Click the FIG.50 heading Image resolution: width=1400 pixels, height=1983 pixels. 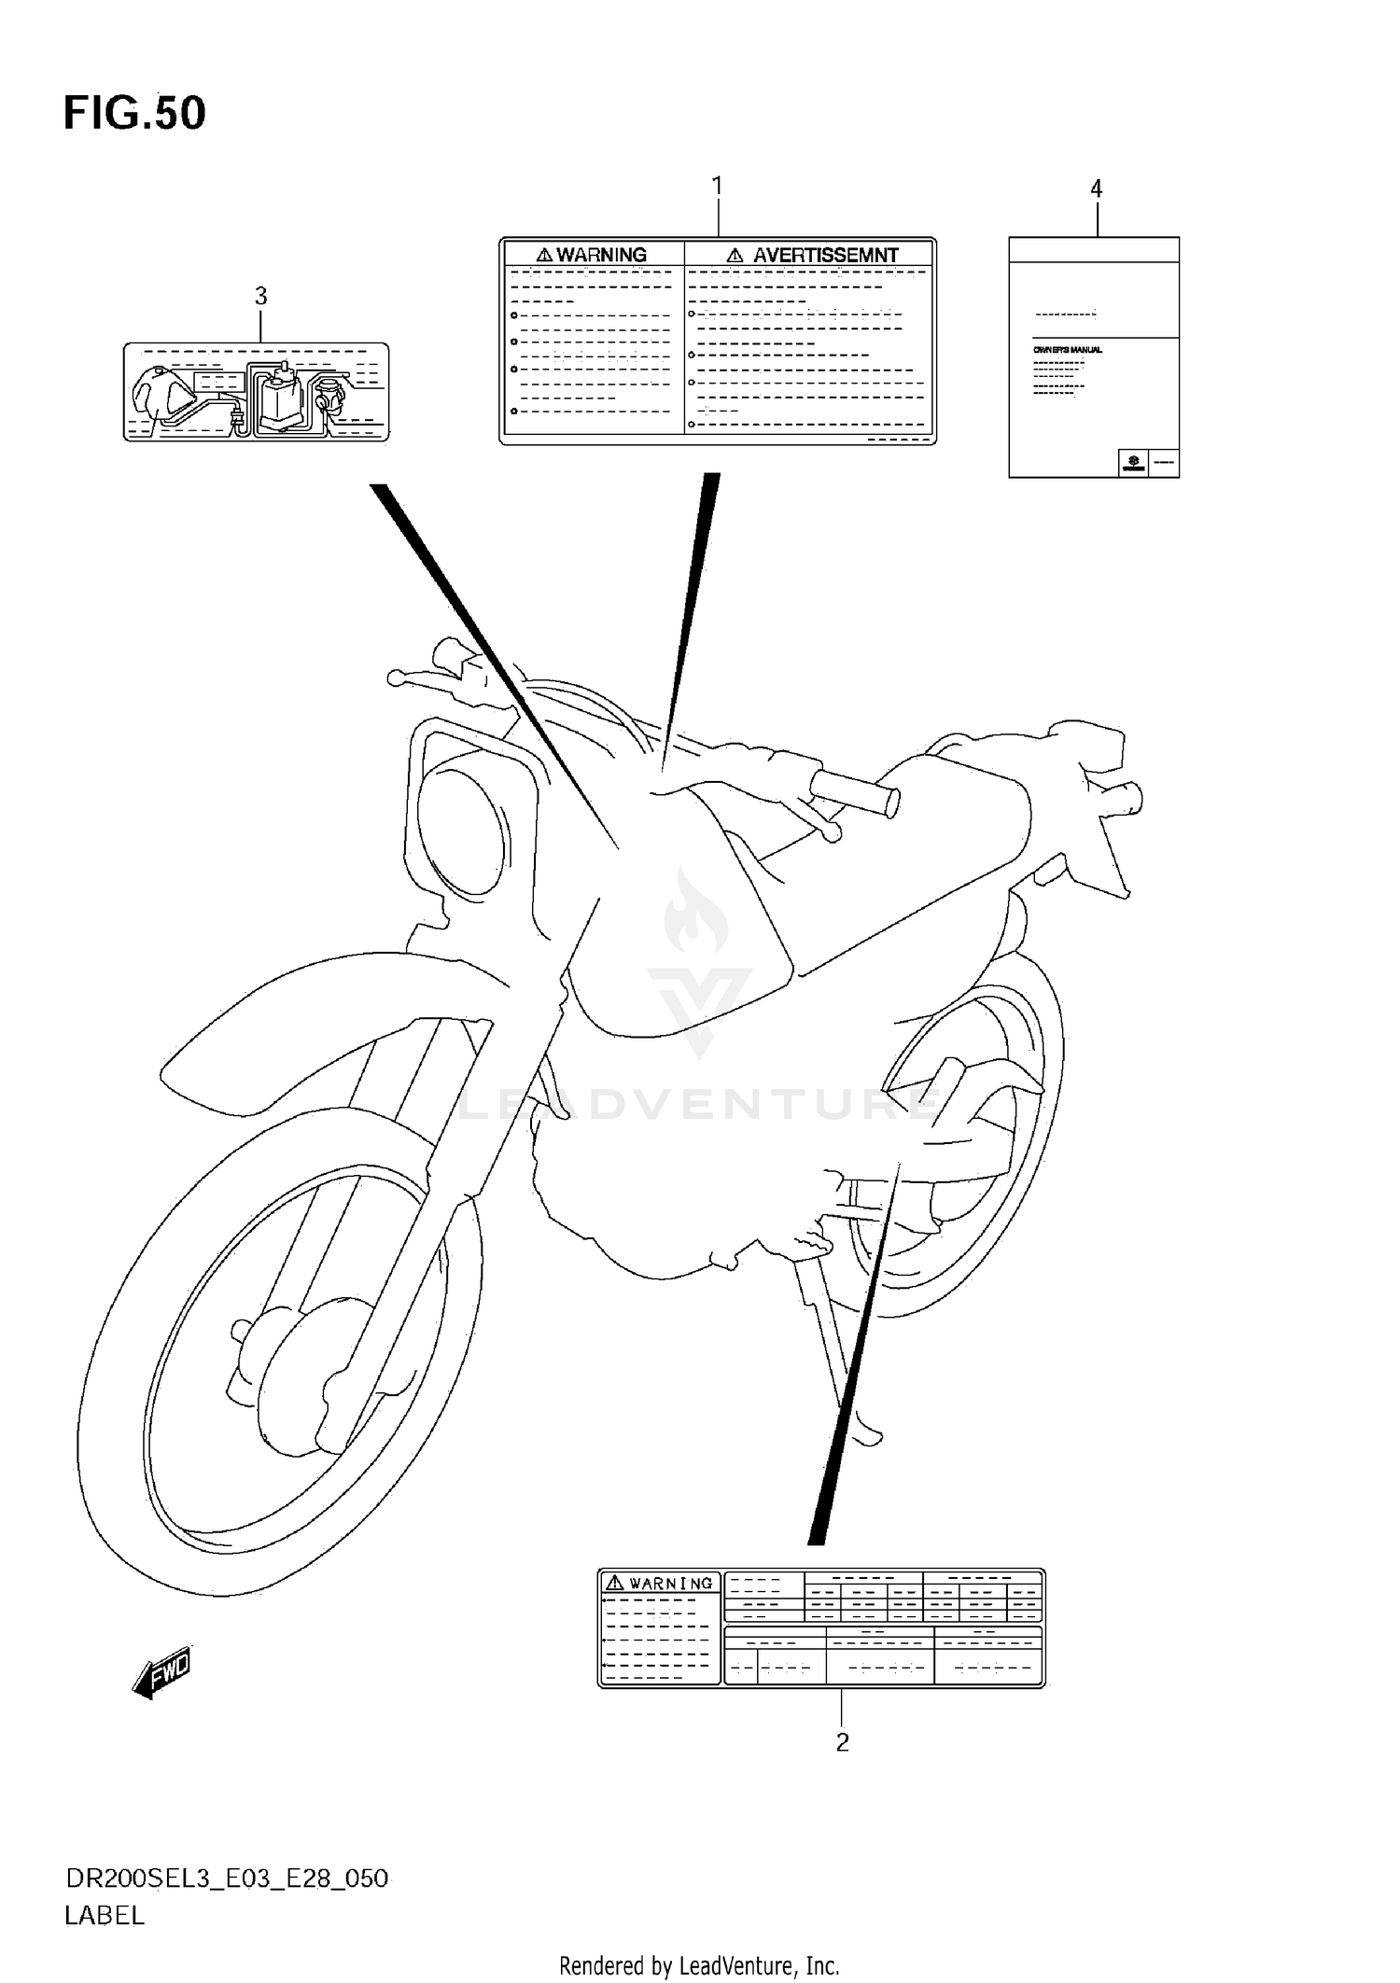[134, 113]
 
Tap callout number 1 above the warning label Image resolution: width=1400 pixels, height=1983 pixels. [717, 187]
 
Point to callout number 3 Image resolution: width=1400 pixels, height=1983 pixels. [260, 296]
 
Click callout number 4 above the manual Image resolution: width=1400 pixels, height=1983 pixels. [1096, 189]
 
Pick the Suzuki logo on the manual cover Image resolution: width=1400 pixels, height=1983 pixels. [1133, 462]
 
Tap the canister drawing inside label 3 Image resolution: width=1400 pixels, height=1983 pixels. [278, 398]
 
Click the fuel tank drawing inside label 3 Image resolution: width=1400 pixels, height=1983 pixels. [159, 394]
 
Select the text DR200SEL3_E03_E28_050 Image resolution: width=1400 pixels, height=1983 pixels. [227, 1878]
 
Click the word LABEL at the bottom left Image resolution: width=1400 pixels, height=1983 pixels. [105, 1916]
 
